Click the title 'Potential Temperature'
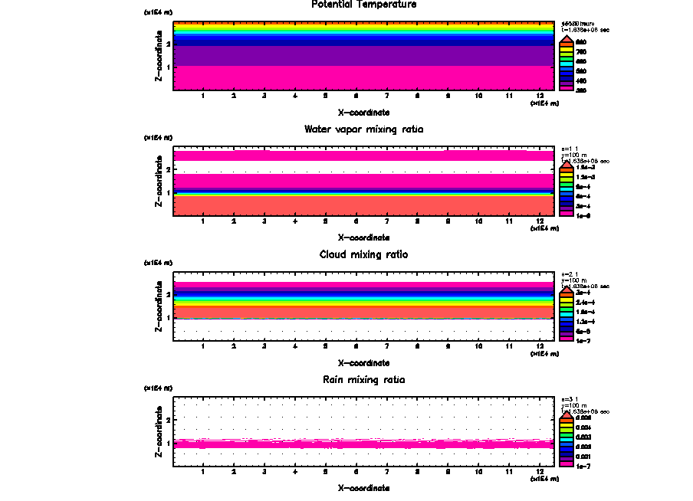[x=363, y=5]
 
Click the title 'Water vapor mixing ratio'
[x=363, y=129]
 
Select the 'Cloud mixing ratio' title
[x=363, y=254]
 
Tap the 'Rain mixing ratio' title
[x=363, y=380]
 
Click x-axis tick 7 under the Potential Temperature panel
[x=386, y=97]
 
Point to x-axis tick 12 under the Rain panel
[x=540, y=472]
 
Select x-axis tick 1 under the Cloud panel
[x=203, y=347]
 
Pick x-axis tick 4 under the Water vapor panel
[x=295, y=221]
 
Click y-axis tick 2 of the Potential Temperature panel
[x=168, y=44]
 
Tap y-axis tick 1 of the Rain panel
[x=168, y=444]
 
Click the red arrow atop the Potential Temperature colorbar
[x=567, y=38]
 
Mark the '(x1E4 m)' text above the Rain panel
[x=158, y=388]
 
